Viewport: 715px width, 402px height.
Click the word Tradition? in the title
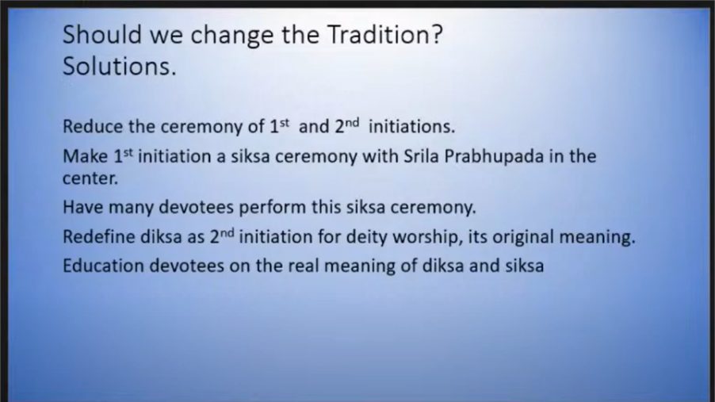point(385,34)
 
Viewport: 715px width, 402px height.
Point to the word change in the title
point(231,36)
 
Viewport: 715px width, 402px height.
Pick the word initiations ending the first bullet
point(411,126)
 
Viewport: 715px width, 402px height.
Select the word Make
point(85,156)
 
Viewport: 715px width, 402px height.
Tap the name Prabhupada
point(494,157)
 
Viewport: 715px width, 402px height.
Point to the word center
point(90,178)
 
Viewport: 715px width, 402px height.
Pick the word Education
point(103,266)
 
